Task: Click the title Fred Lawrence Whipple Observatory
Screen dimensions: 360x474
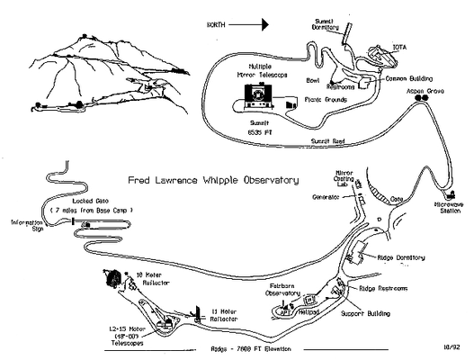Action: click(x=214, y=180)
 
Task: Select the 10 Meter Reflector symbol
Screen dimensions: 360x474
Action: click(x=112, y=280)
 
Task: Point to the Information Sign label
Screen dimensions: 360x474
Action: click(x=27, y=225)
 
